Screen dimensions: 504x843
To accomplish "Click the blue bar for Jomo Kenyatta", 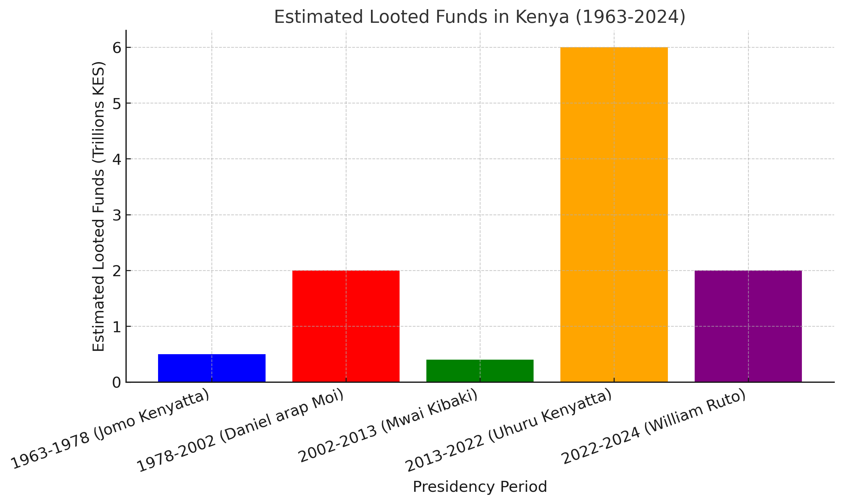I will click(x=212, y=368).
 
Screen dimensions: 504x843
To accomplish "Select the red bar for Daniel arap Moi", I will click(x=346, y=326).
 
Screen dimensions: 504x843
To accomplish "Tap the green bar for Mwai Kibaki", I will click(x=480, y=371).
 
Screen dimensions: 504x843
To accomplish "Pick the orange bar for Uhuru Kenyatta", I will click(x=614, y=215).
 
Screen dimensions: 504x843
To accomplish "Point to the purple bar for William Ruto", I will click(x=748, y=326).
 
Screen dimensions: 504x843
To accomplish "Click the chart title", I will click(x=480, y=17).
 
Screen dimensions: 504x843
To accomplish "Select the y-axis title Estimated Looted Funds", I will click(x=98, y=206).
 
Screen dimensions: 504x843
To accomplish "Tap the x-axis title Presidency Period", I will click(x=480, y=487).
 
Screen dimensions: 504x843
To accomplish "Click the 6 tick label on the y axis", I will click(x=117, y=48).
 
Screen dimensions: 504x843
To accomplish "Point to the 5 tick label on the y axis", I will click(x=117, y=104).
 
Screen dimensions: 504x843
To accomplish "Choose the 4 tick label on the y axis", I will click(x=117, y=159).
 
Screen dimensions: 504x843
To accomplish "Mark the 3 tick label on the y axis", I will click(x=117, y=215).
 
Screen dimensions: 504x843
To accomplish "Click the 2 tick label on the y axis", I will click(x=117, y=271).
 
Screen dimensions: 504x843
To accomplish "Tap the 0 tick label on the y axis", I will click(x=117, y=383).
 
